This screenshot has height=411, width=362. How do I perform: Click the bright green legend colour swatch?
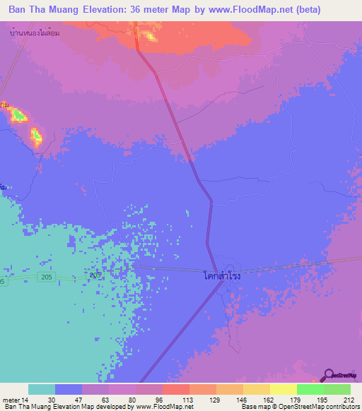pyautogui.click(x=310, y=389)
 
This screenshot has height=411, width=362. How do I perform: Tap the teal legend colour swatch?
pyautogui.click(x=42, y=389)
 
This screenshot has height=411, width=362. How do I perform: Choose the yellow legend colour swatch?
pyautogui.click(x=283, y=389)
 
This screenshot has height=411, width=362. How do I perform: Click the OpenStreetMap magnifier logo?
pyautogui.click(x=329, y=374)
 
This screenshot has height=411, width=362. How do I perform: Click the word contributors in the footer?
pyautogui.click(x=341, y=407)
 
